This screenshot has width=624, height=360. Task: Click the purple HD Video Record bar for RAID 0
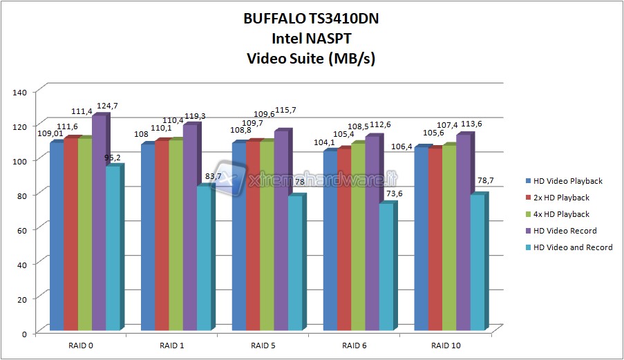pos(99,221)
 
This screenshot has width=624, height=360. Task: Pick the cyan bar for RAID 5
pos(295,262)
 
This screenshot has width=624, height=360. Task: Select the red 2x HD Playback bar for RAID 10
pos(435,238)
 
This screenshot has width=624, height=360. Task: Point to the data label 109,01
pos(50,133)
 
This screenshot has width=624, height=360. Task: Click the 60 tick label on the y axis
pos(21,227)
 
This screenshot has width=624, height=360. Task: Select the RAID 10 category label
pos(446,345)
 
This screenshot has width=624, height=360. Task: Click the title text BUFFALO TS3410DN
pos(311,19)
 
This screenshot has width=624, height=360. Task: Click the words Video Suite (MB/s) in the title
pos(311,59)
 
